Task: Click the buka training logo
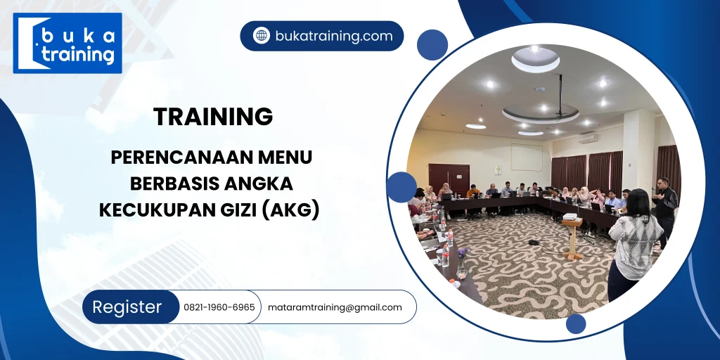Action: coord(67,43)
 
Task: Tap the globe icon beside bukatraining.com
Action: coord(262,36)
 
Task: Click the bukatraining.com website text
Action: coord(333,36)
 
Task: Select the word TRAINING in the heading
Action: coord(213,117)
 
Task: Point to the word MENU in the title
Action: coord(285,157)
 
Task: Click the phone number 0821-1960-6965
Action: coord(219,307)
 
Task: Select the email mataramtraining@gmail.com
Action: coord(335,307)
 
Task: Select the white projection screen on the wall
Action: coord(526,157)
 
